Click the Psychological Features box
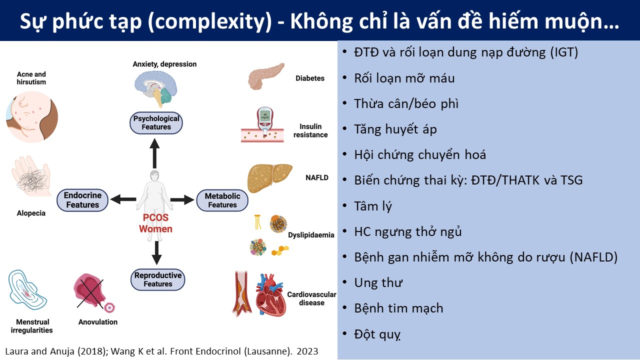click(156, 123)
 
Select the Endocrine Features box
click(82, 200)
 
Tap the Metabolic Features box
click(222, 200)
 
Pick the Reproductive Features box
click(157, 279)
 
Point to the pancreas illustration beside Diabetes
click(265, 76)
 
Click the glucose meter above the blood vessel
click(265, 121)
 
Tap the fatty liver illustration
click(269, 177)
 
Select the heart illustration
click(270, 295)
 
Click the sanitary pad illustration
click(27, 289)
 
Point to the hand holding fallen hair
click(31, 176)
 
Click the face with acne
click(32, 117)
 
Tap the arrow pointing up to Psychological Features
click(154, 153)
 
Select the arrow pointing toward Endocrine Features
click(123, 199)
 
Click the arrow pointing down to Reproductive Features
click(156, 253)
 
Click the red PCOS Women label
click(155, 223)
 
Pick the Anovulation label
click(98, 322)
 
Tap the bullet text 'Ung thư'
click(378, 283)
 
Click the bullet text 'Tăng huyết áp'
click(395, 129)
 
